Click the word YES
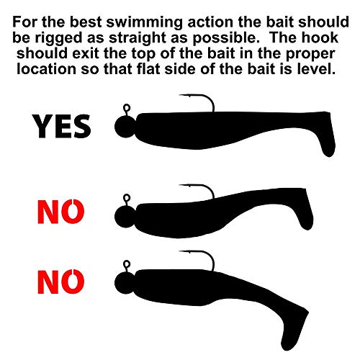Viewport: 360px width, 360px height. click(62, 127)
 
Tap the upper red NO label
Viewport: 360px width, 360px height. click(61, 212)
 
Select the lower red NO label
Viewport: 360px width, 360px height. click(61, 282)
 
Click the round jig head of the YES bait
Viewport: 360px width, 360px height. click(125, 127)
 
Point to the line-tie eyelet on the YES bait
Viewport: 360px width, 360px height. click(127, 108)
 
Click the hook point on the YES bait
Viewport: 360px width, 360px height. click(179, 95)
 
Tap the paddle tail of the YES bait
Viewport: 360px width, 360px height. click(327, 135)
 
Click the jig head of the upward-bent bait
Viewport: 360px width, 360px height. click(125, 217)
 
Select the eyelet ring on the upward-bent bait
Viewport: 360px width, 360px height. click(127, 198)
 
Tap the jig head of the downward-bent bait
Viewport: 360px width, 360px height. click(125, 283)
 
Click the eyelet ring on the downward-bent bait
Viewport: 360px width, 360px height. click(127, 264)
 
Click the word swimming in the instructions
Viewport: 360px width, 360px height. click(145, 22)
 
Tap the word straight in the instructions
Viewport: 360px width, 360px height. click(138, 38)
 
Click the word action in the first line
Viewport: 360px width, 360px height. click(210, 22)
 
